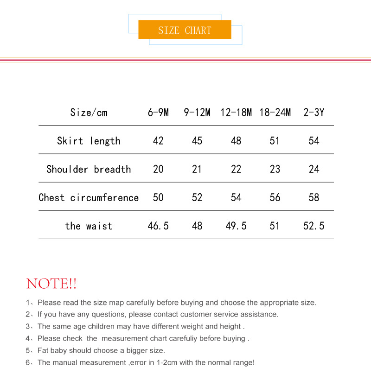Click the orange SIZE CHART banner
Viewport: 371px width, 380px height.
[x=185, y=30]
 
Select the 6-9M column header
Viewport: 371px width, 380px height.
[x=158, y=112]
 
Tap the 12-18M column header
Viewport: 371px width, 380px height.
[x=236, y=112]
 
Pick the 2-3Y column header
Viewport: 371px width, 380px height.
[x=314, y=112]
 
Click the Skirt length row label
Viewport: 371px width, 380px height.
[x=89, y=141]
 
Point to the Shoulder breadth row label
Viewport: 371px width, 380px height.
[x=89, y=169]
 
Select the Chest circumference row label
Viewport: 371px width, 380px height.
[x=89, y=197]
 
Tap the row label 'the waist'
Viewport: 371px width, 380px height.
[x=89, y=226]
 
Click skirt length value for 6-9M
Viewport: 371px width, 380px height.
[x=158, y=141]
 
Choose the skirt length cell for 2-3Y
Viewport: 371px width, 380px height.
[x=314, y=141]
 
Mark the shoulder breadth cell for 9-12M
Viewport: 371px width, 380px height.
[x=197, y=169]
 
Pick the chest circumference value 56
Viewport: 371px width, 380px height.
[x=275, y=197]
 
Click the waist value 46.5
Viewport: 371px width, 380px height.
[x=158, y=226]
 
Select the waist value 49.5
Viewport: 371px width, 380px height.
[x=236, y=226]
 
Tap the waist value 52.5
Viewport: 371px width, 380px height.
[x=314, y=226]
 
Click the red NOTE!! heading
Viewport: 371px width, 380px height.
[x=51, y=284]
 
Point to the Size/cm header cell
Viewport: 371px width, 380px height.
[x=89, y=112]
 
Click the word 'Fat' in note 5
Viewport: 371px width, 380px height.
[x=44, y=350]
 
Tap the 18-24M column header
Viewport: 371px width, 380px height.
[x=275, y=112]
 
